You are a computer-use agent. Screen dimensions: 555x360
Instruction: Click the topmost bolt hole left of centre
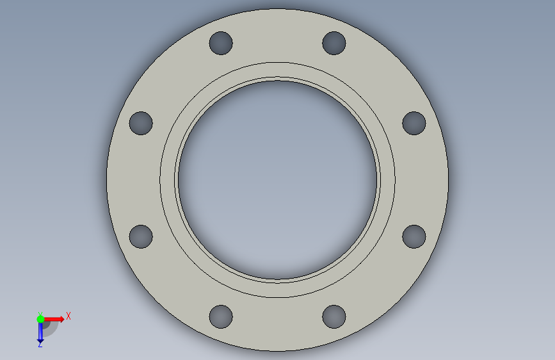pos(221,43)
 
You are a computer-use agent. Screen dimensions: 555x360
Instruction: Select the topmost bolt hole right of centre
pos(334,43)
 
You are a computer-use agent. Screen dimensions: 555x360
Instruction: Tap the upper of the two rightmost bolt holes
pos(414,123)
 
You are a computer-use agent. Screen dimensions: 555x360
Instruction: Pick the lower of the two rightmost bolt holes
pos(414,237)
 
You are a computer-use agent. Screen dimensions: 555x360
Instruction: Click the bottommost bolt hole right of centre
pos(334,317)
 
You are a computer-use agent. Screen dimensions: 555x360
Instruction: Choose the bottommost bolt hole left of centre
pos(221,317)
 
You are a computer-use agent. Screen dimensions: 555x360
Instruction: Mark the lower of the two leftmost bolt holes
pos(141,237)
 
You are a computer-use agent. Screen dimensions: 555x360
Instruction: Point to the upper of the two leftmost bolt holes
pos(141,123)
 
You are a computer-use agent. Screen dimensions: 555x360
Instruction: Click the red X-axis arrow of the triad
pos(54,319)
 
